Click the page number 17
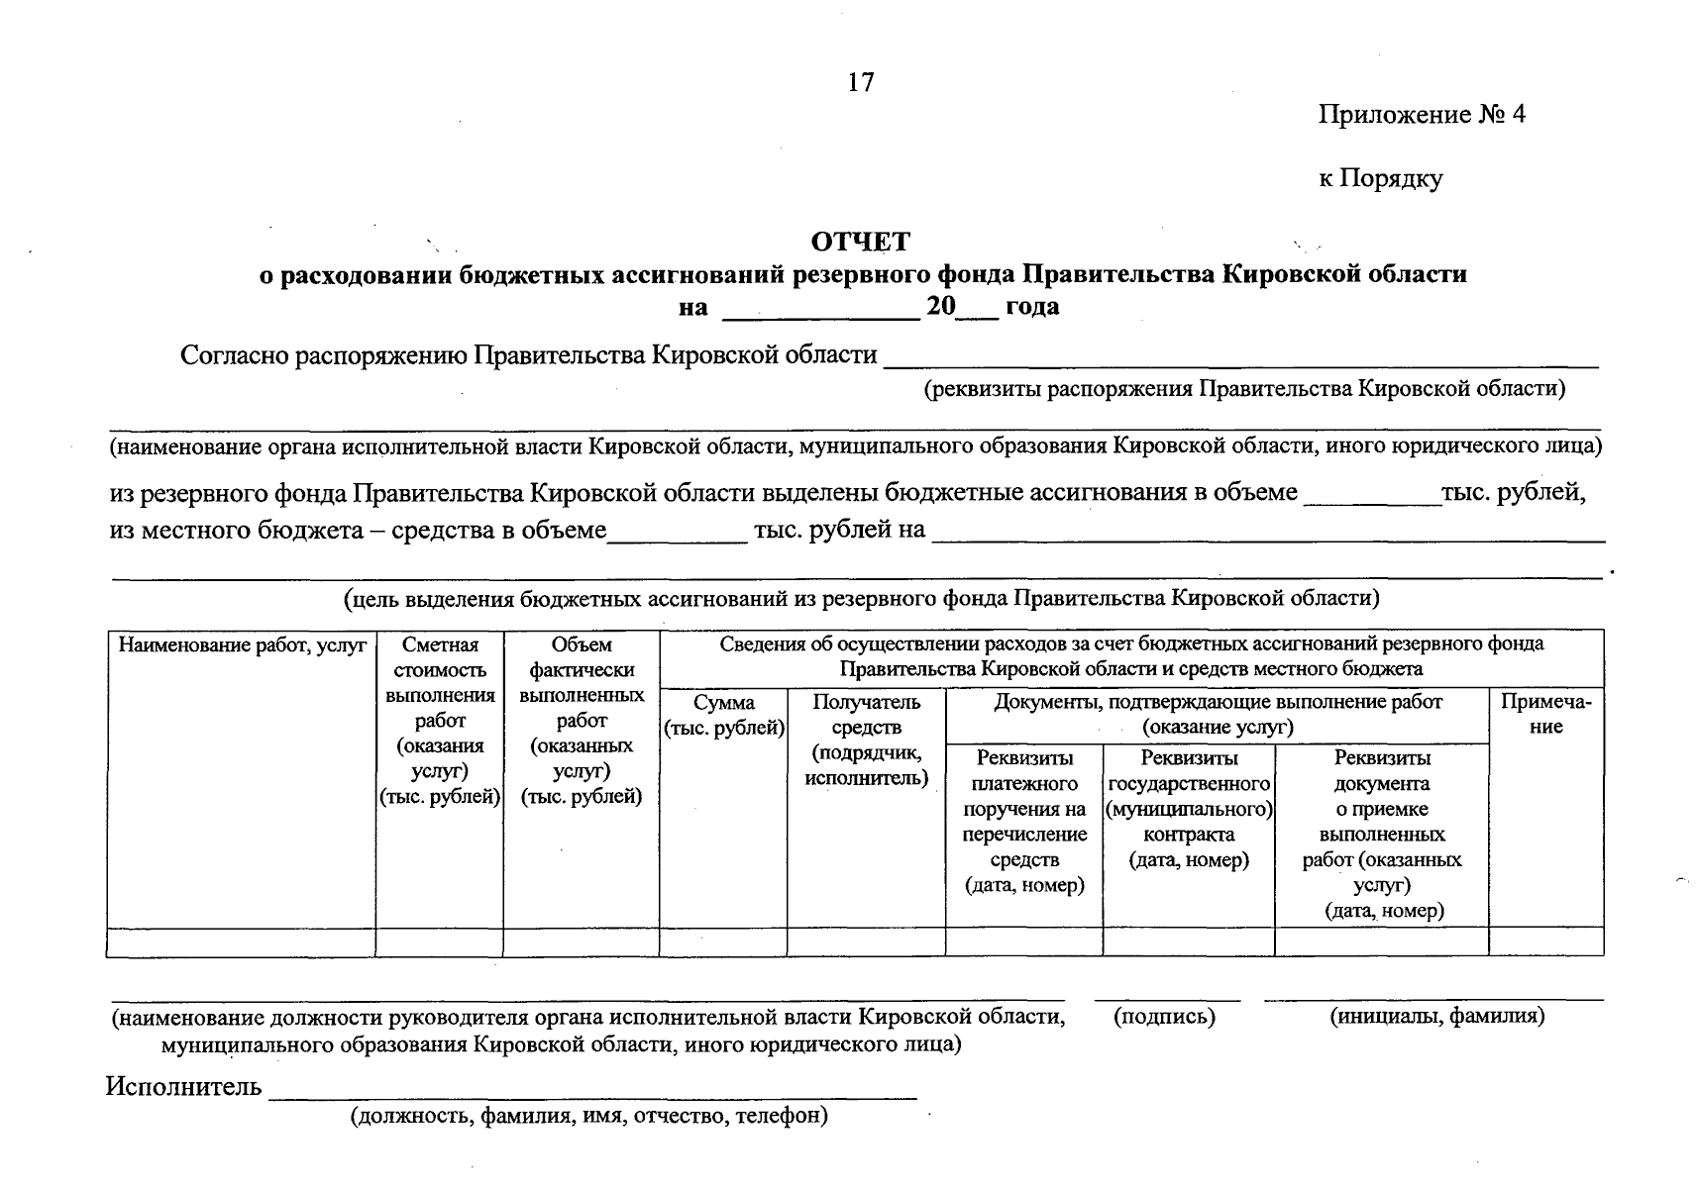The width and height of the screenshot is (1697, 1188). coord(861,82)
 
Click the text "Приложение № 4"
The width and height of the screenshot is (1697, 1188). coord(1421,115)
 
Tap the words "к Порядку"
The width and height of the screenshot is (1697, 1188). coord(1380,179)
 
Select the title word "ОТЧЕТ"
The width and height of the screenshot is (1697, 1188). coord(860,242)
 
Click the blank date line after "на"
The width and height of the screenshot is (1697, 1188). coord(821,309)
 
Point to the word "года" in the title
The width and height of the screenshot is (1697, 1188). coord(1032,307)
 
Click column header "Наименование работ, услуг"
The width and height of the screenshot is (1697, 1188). coord(243,646)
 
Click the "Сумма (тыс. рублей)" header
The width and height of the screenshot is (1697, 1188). coord(723,716)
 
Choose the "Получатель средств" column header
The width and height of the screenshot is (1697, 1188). coord(867,740)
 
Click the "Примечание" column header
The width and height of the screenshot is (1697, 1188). coord(1545,714)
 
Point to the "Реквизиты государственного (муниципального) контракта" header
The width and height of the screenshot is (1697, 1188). coord(1189,809)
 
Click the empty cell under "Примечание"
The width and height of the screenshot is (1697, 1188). coord(1545,941)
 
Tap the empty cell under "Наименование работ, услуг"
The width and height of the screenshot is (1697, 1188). coord(241,941)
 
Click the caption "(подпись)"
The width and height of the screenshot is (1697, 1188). coord(1164,1016)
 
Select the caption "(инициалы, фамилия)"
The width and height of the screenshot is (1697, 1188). coord(1436,1016)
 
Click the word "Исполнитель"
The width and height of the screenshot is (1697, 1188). coord(183,1087)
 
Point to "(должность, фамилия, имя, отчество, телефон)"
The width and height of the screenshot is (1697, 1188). coord(588,1117)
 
